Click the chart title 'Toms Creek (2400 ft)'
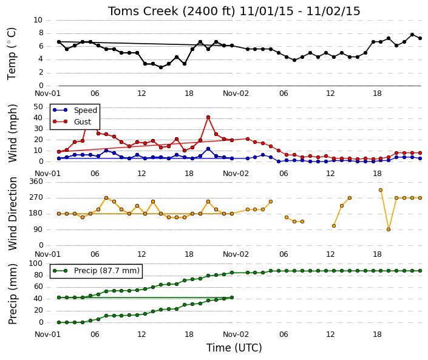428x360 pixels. pos(171,12)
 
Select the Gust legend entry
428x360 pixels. pos(72,122)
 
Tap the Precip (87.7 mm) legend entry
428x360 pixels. pos(96,271)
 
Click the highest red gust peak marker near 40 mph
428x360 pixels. pos(208,117)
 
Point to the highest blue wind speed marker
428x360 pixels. pos(208,149)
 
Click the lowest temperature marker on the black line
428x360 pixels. pos(161,67)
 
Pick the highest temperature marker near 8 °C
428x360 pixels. pos(412,35)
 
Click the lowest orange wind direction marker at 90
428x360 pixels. pos(389,229)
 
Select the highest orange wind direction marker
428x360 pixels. pos(381,190)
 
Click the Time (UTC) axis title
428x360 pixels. pos(234,348)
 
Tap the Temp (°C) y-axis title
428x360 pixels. pos(12,53)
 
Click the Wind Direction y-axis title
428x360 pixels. pos(12,214)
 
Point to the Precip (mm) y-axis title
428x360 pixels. pos(12,294)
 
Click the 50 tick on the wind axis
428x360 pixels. pos(38,107)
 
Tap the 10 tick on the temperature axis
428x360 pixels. pos(38,20)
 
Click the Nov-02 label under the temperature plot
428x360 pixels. pos(236,93)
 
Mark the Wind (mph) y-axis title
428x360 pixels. pos(12,133)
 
